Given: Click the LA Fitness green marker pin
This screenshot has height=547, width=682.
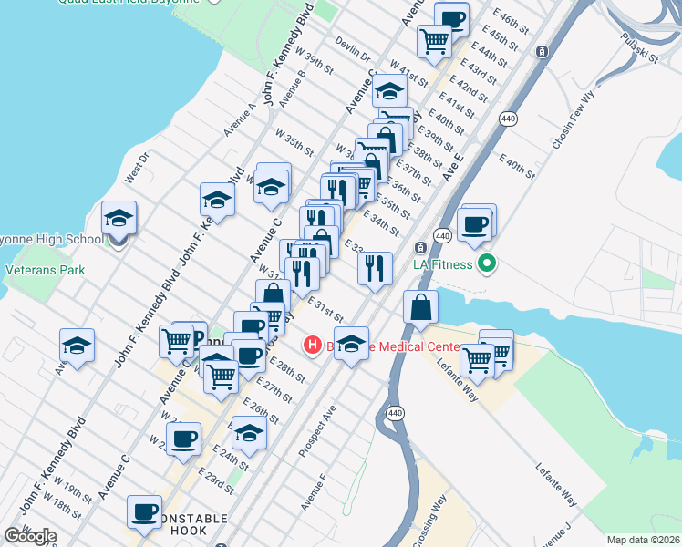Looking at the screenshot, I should point(487,265).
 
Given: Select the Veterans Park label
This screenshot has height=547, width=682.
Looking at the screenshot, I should point(45,270).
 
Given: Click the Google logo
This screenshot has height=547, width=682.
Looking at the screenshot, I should point(30,536).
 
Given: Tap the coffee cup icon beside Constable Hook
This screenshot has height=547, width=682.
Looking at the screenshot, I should point(144,512).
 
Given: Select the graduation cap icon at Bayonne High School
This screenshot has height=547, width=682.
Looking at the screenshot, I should point(119,219).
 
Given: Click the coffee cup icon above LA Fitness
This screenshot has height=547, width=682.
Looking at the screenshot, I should point(474,224).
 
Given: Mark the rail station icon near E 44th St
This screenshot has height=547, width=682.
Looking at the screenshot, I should point(542,52).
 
